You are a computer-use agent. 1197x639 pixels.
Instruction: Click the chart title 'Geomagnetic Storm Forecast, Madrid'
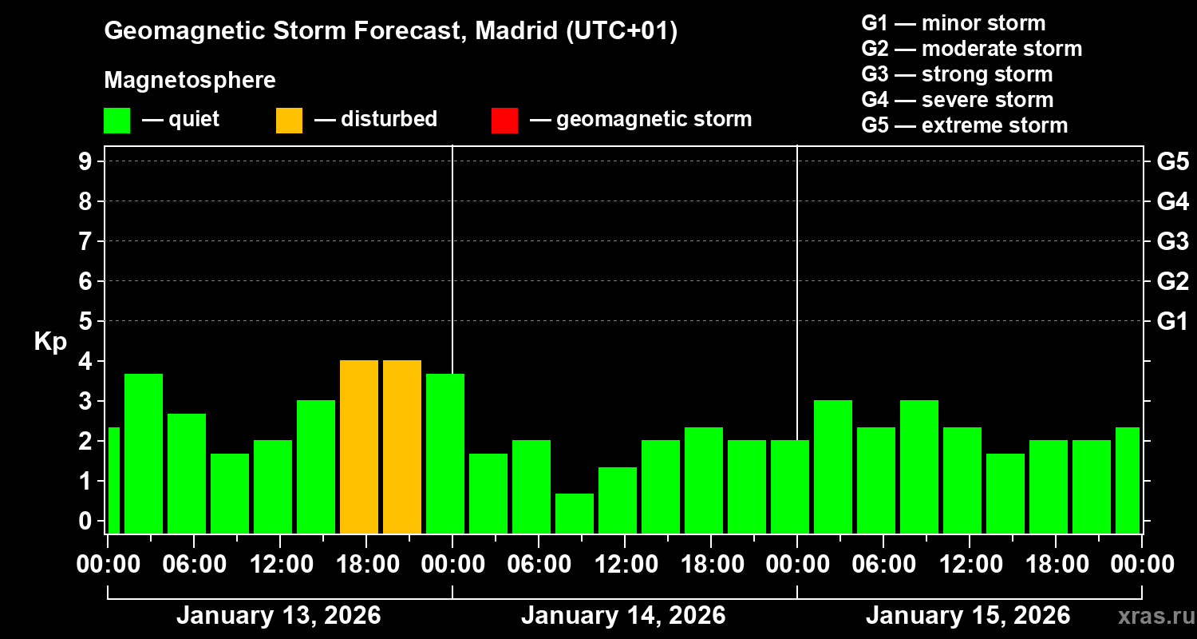(x=391, y=31)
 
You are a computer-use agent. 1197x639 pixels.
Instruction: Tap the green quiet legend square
(x=117, y=120)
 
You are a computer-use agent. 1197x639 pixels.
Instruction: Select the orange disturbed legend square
(x=289, y=120)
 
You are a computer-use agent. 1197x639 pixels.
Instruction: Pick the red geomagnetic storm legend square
(x=504, y=120)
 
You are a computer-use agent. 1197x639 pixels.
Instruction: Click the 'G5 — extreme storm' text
(x=964, y=125)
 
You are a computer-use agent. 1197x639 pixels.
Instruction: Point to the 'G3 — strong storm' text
(x=957, y=74)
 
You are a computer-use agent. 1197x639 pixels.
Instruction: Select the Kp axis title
(x=50, y=341)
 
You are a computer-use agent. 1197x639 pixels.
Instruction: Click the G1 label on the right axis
(x=1172, y=321)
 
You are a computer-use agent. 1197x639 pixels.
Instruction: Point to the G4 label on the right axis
(x=1172, y=201)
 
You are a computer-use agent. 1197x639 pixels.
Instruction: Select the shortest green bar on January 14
(x=575, y=513)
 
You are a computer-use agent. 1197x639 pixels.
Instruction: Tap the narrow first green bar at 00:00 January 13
(x=113, y=479)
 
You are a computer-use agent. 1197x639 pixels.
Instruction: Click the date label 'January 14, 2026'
(x=623, y=616)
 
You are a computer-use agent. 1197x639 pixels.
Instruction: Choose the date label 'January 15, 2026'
(x=968, y=616)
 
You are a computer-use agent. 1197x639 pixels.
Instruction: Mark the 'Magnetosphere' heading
(x=190, y=81)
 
